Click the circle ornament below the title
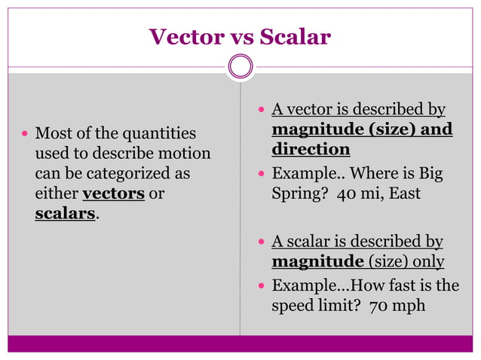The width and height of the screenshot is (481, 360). pyautogui.click(x=240, y=67)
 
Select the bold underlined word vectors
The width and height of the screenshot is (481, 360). pyautogui.click(x=113, y=194)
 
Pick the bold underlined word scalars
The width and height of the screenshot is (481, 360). pyautogui.click(x=66, y=213)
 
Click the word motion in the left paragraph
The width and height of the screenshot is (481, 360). pyautogui.click(x=184, y=154)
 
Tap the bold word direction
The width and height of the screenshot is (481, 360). pyautogui.click(x=311, y=148)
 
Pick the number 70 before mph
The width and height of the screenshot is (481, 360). pyautogui.click(x=378, y=307)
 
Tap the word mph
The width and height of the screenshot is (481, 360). pyautogui.click(x=410, y=307)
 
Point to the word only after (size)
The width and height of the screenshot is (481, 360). pyautogui.click(x=424, y=261)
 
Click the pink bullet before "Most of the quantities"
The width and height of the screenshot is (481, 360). pyautogui.click(x=25, y=134)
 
